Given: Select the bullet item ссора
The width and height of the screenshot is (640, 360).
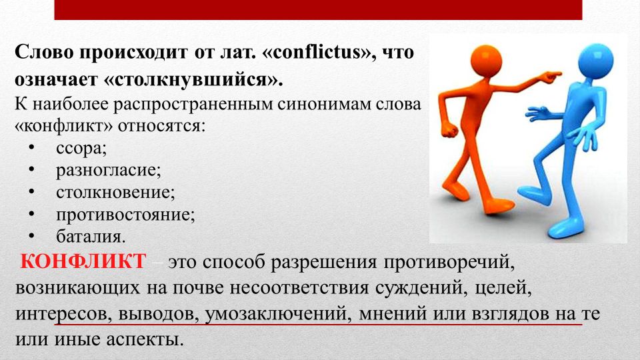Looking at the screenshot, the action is pyautogui.click(x=81, y=149).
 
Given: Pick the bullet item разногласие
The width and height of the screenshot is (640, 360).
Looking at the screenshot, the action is pyautogui.click(x=109, y=170).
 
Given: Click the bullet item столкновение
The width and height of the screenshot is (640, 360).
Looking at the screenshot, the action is pyautogui.click(x=115, y=192).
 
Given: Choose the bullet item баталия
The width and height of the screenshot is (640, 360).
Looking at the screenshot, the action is pyautogui.click(x=91, y=236).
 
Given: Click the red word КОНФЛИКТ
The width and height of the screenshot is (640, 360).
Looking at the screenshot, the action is pyautogui.click(x=83, y=261).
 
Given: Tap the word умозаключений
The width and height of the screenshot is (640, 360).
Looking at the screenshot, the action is pyautogui.click(x=277, y=313).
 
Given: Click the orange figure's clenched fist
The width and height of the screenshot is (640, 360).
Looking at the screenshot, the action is pyautogui.click(x=449, y=129).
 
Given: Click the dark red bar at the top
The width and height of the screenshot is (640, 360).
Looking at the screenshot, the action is pyautogui.click(x=318, y=10).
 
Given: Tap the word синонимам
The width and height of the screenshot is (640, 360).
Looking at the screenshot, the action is pyautogui.click(x=325, y=105).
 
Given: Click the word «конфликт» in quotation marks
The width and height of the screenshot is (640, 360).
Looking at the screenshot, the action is pyautogui.click(x=63, y=126).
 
